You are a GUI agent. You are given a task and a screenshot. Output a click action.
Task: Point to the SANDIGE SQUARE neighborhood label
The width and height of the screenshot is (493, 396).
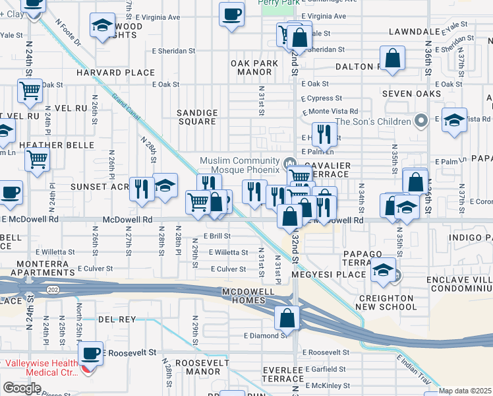(197, 117)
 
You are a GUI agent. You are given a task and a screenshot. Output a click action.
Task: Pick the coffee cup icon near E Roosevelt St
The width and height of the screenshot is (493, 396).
(92, 353)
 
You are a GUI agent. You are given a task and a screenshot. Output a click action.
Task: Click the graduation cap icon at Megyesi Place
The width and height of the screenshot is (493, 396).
(383, 271)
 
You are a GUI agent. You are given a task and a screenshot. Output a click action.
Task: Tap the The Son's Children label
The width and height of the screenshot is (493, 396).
(373, 121)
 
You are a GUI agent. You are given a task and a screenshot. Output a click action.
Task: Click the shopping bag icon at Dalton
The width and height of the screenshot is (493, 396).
(393, 58)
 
